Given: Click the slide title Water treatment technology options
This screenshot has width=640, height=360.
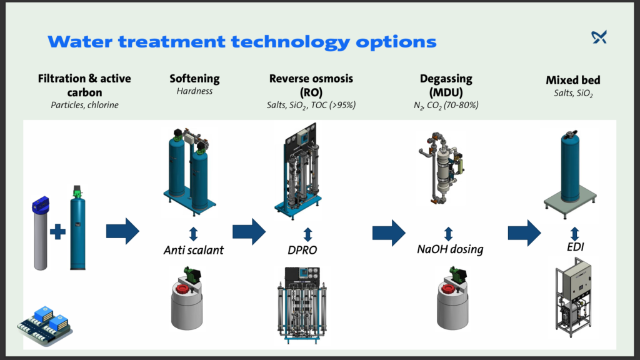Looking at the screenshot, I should pos(241,42).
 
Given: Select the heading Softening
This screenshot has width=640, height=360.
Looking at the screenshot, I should pos(194,79).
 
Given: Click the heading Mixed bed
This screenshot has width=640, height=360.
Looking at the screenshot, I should pos(572,80).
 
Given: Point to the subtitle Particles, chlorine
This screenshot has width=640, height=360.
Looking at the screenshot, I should pos(84,104).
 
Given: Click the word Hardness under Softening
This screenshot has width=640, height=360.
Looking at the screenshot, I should pos(194,91).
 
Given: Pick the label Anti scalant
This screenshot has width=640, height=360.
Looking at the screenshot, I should pos(193,251).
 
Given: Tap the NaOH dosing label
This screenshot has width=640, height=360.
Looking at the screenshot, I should pos(450,249).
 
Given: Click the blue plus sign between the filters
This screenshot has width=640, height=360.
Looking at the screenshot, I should pos(57,232).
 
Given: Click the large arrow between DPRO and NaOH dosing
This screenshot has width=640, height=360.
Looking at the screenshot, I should pos(389,232).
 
